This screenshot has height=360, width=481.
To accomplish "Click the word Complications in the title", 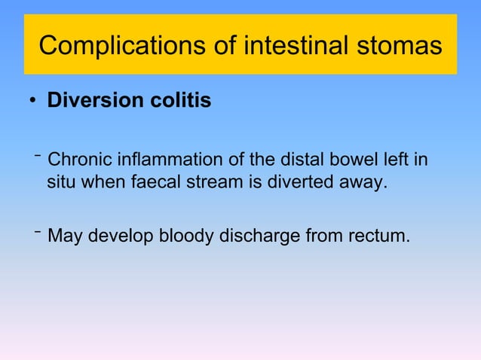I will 116,46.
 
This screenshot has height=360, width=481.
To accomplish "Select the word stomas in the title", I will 399,46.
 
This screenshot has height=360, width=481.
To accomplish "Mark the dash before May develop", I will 37,230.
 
